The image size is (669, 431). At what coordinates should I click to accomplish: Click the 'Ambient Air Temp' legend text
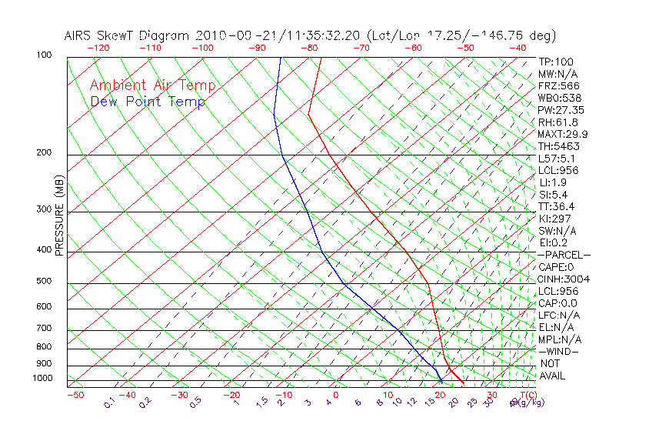[152, 85]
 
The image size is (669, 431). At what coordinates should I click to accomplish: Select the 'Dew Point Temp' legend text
[148, 102]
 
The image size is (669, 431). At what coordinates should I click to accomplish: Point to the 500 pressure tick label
[44, 281]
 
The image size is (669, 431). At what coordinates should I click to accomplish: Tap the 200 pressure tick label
[44, 152]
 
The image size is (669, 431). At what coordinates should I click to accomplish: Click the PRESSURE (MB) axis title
[58, 215]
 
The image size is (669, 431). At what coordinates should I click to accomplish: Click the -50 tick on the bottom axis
[75, 395]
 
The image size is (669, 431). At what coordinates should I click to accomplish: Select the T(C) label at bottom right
[526, 395]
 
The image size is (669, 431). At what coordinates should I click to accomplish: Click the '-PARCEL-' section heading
[564, 255]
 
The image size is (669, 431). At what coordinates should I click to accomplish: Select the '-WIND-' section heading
[559, 351]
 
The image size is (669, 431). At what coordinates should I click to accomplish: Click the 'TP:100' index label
[556, 62]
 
